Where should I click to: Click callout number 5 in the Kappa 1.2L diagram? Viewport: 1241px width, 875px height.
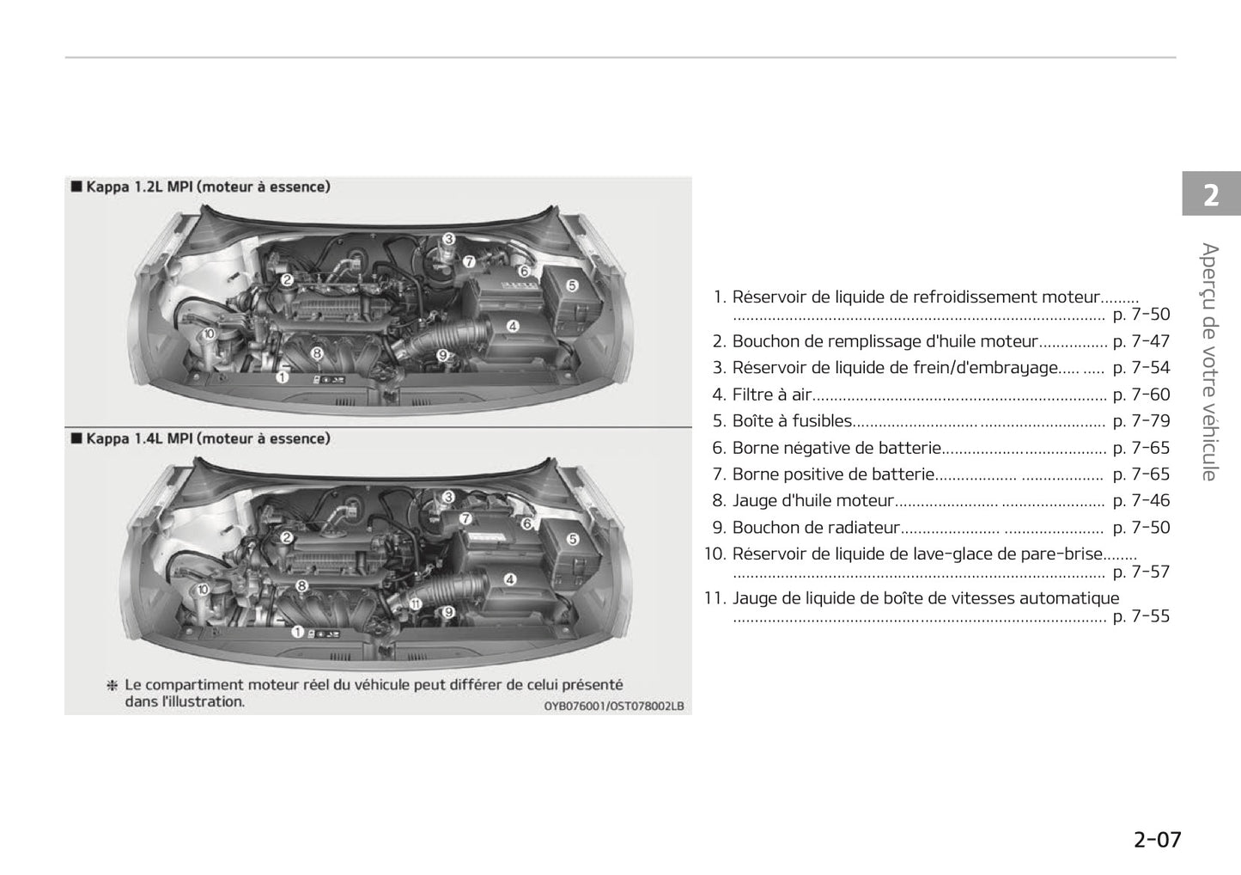tap(572, 285)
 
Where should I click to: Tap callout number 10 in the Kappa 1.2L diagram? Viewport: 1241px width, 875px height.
tap(209, 333)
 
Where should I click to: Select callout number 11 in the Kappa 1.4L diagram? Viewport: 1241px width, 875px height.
tap(415, 603)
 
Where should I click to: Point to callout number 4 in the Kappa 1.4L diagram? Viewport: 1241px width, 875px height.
tap(510, 579)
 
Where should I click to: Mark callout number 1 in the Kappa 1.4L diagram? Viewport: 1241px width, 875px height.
tap(297, 632)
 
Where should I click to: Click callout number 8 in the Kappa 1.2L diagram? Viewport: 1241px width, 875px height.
tap(316, 352)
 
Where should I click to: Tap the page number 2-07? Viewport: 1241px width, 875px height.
tap(1157, 840)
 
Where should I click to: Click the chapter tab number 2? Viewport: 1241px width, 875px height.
tap(1211, 196)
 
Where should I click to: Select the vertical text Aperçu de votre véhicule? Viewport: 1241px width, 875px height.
tap(1210, 362)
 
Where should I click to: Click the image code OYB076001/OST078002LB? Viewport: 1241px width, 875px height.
tap(613, 707)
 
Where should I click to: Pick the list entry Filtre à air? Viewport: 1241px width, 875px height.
tap(771, 395)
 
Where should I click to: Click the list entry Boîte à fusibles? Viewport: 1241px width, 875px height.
tap(791, 421)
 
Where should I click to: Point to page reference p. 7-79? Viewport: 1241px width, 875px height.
tap(1141, 421)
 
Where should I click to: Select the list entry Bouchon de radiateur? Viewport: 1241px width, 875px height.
tap(815, 528)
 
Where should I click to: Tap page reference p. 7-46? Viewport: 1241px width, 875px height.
tap(1141, 501)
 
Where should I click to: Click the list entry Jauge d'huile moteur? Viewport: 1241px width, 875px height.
tap(812, 501)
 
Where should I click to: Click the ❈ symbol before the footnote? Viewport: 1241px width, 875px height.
tap(112, 686)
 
